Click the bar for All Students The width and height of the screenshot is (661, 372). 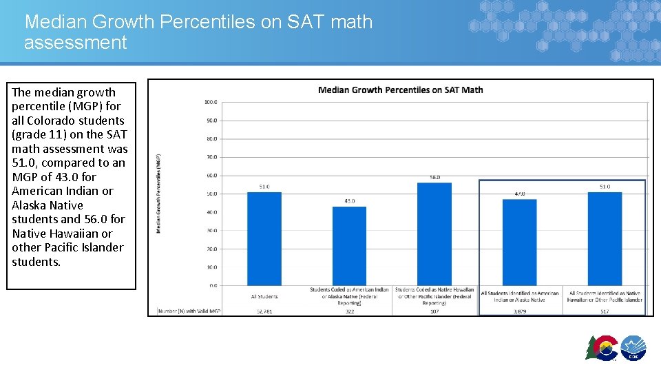tap(264, 238)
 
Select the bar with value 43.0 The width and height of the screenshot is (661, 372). tap(349, 245)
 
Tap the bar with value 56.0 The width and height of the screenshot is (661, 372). tap(434, 234)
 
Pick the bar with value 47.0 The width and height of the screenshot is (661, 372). tap(519, 242)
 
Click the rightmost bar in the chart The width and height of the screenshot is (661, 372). tap(605, 238)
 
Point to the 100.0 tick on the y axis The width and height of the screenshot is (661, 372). tap(211, 102)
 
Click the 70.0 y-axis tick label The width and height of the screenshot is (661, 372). tap(211, 157)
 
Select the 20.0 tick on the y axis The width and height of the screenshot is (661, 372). tap(211, 249)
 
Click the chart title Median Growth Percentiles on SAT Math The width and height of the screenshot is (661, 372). tap(400, 90)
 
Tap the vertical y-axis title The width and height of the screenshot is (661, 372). tap(159, 193)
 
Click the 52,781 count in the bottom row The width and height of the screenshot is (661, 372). tap(264, 311)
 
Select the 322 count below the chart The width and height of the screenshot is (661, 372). tap(349, 311)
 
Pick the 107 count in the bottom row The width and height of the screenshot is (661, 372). tap(434, 311)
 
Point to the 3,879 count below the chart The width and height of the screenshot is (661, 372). tap(519, 311)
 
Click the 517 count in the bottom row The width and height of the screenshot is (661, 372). tap(605, 311)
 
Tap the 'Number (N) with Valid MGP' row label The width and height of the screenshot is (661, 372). tap(189, 311)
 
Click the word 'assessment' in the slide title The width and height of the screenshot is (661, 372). tap(76, 43)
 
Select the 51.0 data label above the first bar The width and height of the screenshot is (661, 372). tap(264, 187)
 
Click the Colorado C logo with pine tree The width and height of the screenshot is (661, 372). tap(601, 348)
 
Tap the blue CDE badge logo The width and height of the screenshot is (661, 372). tap(633, 348)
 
